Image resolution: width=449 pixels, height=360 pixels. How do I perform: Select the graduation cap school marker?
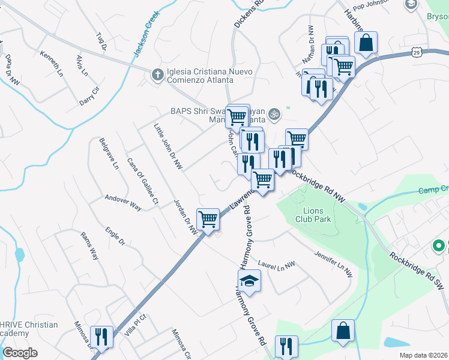[249, 280]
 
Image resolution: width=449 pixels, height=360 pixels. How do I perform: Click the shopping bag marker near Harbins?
[366, 43]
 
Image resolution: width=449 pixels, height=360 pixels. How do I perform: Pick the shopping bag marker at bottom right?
[343, 331]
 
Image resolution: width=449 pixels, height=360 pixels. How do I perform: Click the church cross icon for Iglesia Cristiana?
[157, 74]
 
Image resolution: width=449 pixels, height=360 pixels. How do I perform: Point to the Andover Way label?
[122, 202]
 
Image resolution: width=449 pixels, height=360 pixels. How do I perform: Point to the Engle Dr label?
[114, 236]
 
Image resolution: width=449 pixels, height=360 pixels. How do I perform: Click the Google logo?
[20, 352]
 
